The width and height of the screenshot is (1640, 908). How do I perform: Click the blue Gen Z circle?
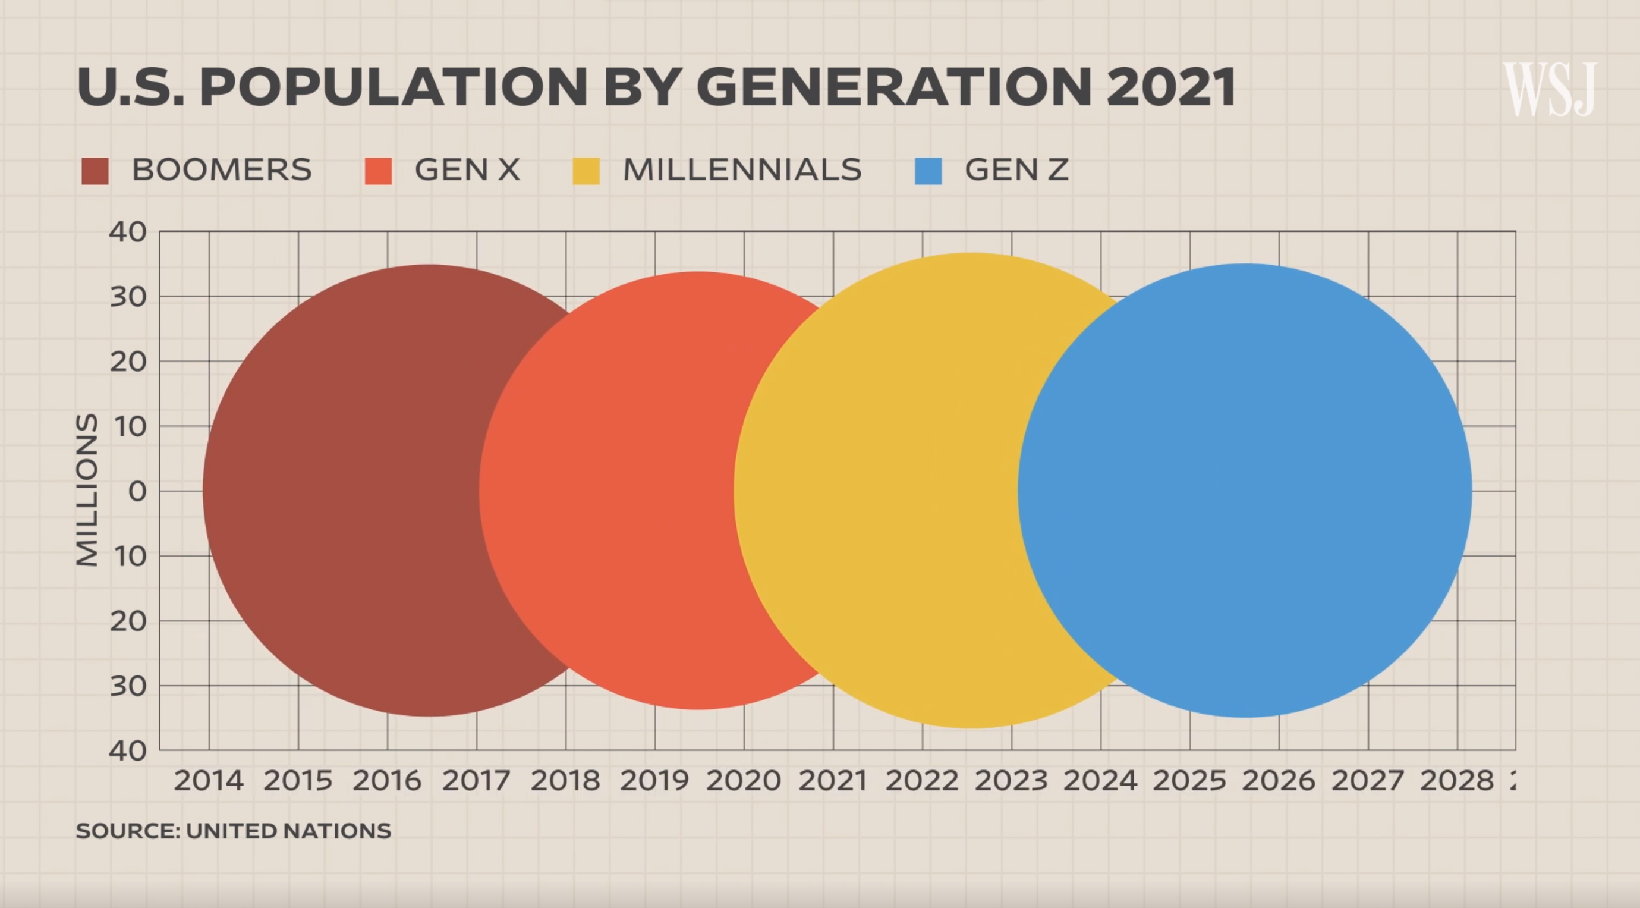(x=1245, y=491)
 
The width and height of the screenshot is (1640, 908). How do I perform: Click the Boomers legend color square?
(x=95, y=171)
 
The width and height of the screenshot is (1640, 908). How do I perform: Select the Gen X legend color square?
(x=378, y=171)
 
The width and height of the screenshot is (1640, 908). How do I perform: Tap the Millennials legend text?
(x=742, y=169)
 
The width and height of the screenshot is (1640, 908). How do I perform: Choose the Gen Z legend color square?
(x=928, y=171)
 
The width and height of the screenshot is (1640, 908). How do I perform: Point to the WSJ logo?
(x=1550, y=89)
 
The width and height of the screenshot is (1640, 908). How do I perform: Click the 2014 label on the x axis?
(x=209, y=781)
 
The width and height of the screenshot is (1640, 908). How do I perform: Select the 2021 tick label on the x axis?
(x=833, y=781)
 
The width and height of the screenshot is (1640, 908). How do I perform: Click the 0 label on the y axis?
(x=137, y=491)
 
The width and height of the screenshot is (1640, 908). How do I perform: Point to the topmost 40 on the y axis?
(x=128, y=232)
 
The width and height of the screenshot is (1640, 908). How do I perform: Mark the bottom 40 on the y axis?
(x=128, y=751)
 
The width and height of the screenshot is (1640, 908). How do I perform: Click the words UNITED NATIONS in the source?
(x=288, y=831)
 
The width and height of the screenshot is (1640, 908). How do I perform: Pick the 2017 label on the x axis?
(x=476, y=781)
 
